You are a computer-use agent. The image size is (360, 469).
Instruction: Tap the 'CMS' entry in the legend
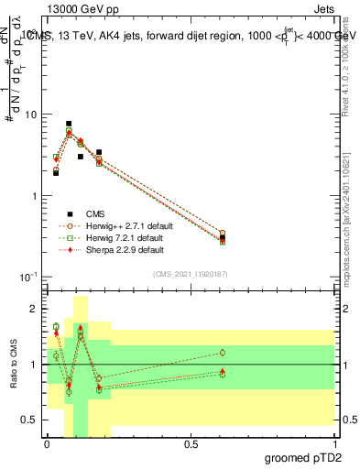[x=95, y=213]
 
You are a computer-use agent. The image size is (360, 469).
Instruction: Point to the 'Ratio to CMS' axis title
[x=13, y=365]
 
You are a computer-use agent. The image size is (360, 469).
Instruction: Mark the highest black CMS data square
[x=69, y=124]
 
